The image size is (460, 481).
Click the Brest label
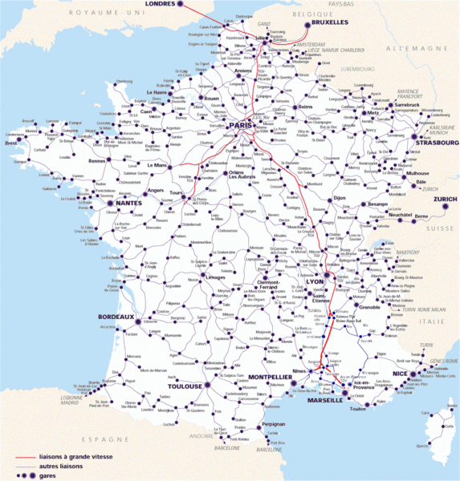pyautogui.click(x=10, y=143)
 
